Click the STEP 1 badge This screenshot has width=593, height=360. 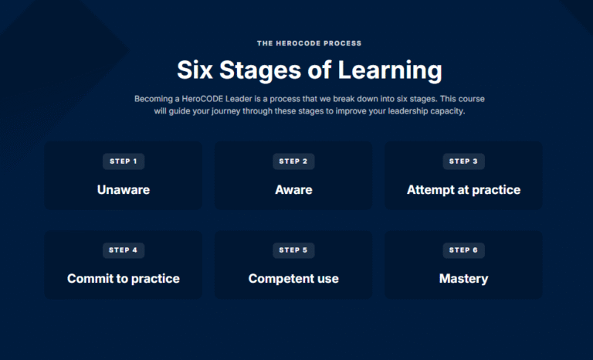[x=124, y=161]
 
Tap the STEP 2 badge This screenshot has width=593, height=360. [x=293, y=161]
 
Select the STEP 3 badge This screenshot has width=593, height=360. [x=463, y=161]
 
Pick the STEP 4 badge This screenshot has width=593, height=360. [x=124, y=250]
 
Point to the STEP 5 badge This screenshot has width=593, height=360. [x=293, y=250]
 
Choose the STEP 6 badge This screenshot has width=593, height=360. [x=463, y=250]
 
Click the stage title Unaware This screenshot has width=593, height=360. [x=124, y=189]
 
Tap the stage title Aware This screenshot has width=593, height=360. [x=293, y=189]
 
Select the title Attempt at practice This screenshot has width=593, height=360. [x=463, y=189]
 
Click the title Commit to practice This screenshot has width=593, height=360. [x=124, y=279]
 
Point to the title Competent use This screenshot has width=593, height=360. [x=293, y=279]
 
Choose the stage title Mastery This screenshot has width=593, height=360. [x=463, y=279]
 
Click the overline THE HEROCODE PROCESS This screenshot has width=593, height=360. [x=310, y=43]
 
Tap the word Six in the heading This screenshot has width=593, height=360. [x=195, y=70]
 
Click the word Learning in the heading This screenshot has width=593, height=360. [x=390, y=71]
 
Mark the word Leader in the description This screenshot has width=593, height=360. [x=239, y=99]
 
